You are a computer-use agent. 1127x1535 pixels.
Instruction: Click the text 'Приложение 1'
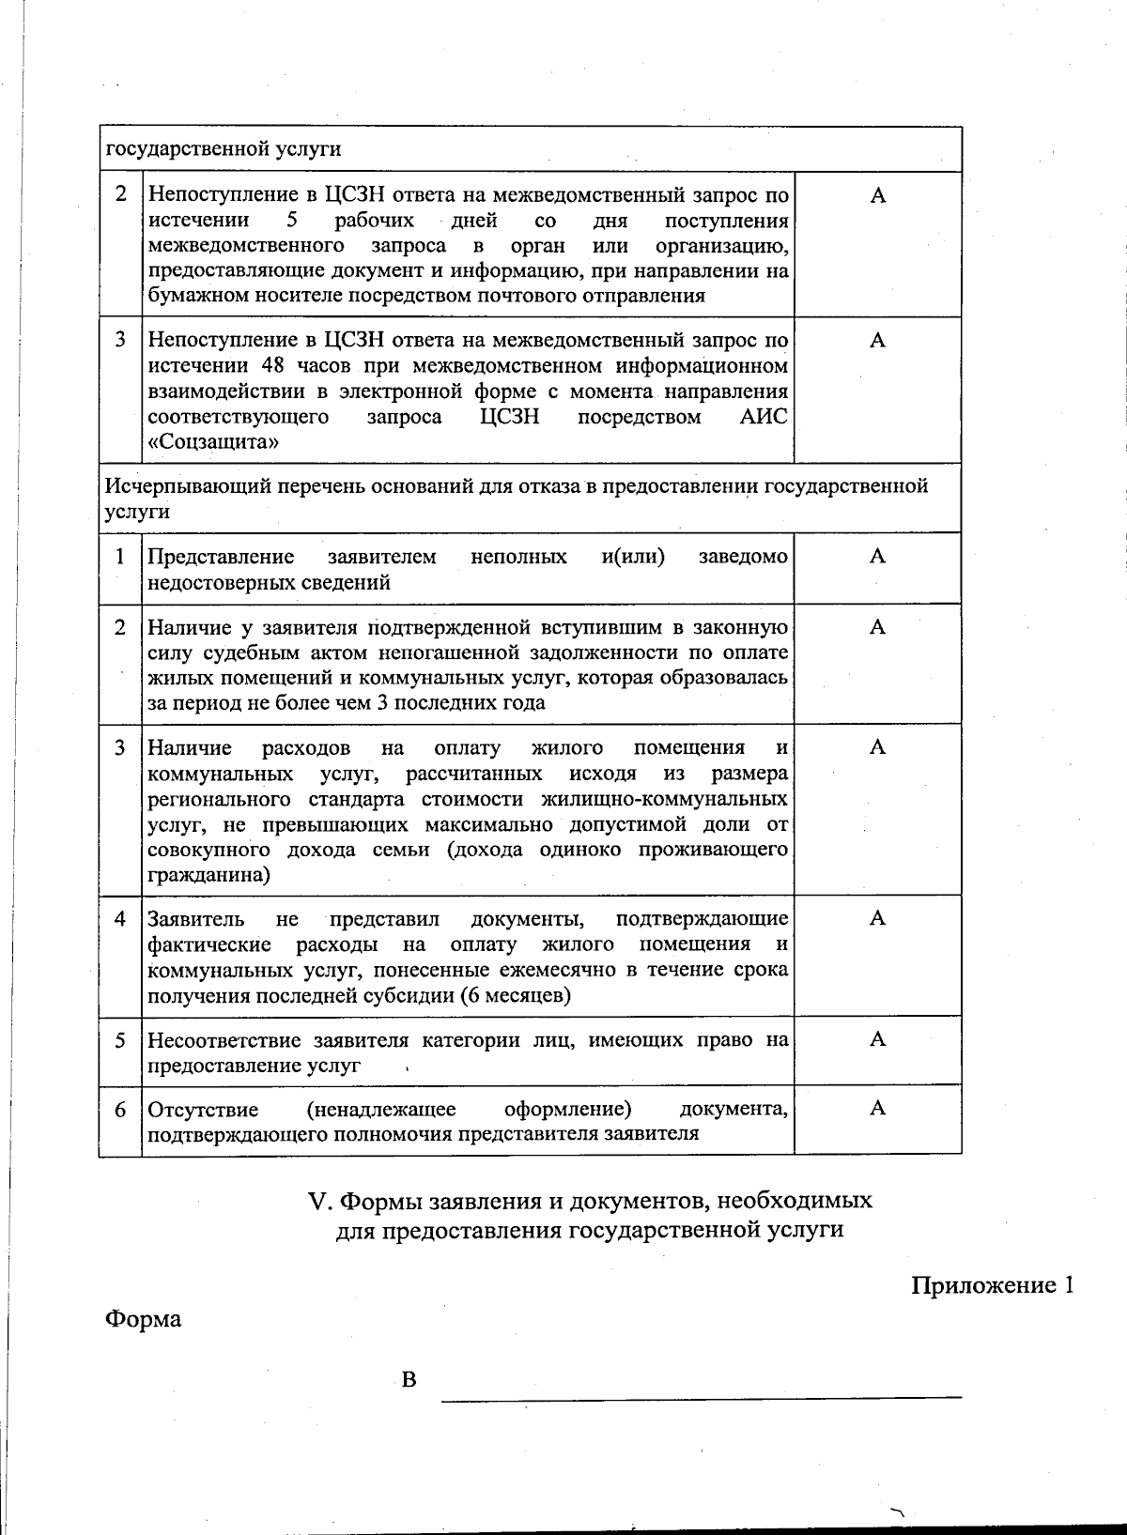[x=992, y=1285]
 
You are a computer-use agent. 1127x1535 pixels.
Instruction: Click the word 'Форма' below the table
[x=143, y=1319]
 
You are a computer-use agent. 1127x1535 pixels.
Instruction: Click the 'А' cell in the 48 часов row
[x=877, y=341]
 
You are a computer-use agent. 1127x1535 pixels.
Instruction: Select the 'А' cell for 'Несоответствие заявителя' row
[x=877, y=1039]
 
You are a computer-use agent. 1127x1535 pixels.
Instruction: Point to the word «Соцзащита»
[x=213, y=442]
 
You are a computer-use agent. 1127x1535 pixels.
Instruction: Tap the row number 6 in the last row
[x=120, y=1110]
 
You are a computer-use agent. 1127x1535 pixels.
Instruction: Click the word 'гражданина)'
[x=208, y=876]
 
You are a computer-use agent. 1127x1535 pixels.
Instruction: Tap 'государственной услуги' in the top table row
[x=223, y=149]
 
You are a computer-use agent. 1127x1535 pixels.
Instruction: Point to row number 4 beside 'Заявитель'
[x=120, y=919]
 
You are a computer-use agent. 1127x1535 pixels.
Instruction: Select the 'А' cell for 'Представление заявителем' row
[x=877, y=557]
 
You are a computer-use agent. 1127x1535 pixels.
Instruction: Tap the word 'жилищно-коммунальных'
[x=665, y=800]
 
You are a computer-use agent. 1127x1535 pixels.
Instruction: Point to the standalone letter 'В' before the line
[x=409, y=1380]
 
